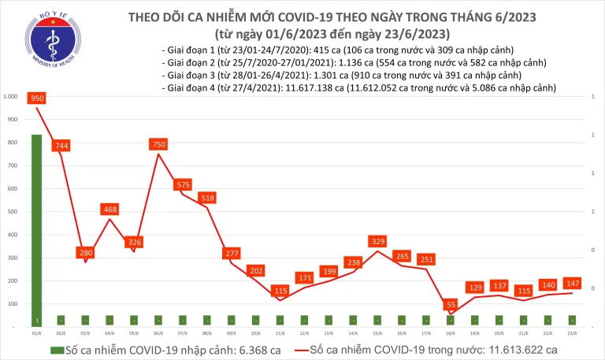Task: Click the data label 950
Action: point(36,98)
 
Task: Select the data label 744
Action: point(61,146)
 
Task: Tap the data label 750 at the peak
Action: point(158,144)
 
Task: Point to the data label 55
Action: point(449,304)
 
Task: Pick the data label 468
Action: point(110,210)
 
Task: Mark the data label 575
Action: point(183,184)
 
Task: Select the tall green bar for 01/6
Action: point(36,228)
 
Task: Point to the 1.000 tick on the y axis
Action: point(11,97)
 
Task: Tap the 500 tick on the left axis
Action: point(13,212)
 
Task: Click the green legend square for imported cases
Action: point(55,350)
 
